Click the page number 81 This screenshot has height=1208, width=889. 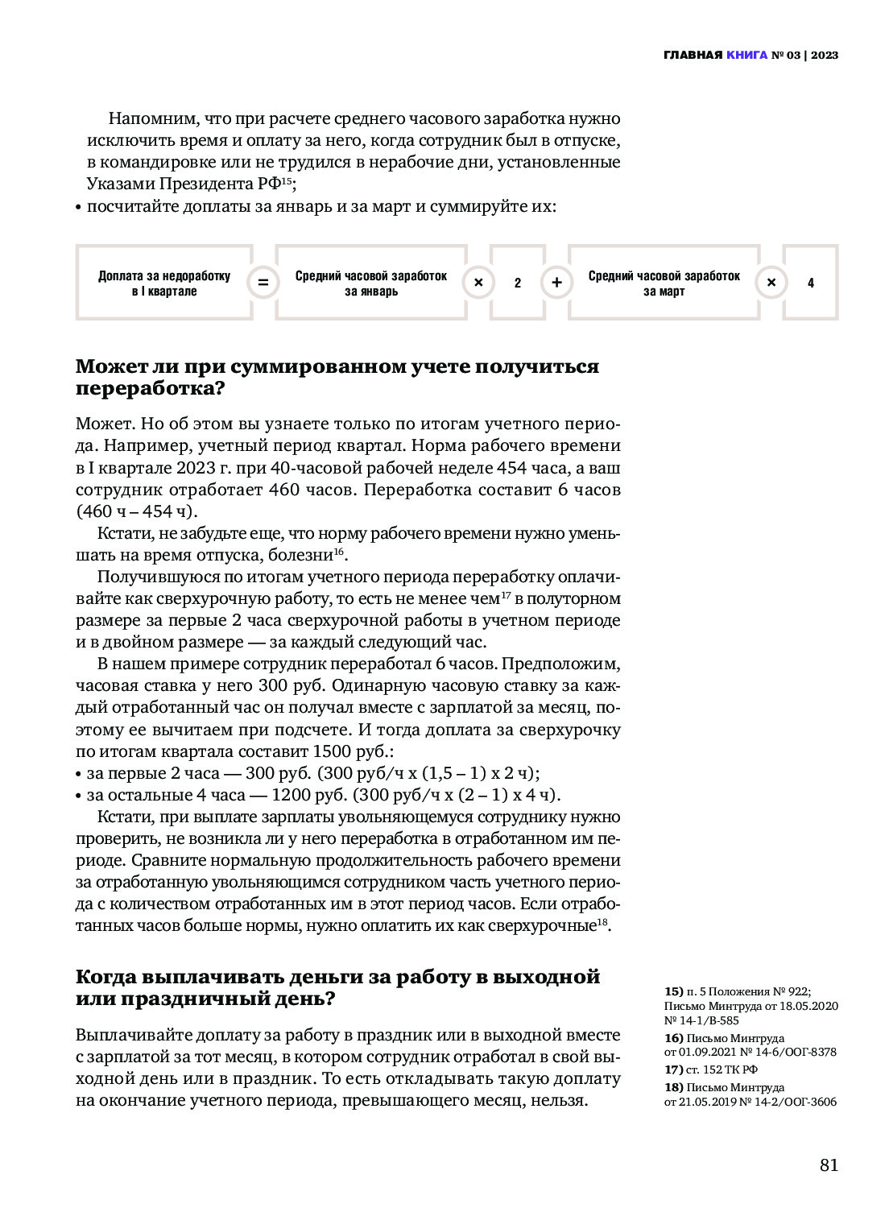click(829, 1165)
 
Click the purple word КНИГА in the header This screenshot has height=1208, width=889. click(746, 56)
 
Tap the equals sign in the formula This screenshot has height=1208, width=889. click(263, 283)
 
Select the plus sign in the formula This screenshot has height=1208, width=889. click(556, 283)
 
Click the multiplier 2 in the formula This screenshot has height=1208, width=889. click(518, 283)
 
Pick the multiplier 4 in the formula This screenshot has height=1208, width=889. click(811, 283)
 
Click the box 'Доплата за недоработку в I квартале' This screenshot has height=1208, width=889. click(164, 283)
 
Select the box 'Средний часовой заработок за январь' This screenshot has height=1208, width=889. click(371, 283)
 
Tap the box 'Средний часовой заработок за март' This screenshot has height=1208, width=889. click(664, 283)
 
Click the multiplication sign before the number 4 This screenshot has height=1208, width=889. click(771, 283)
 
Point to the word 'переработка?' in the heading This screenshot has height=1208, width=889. click(150, 388)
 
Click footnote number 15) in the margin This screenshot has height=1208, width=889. click(673, 992)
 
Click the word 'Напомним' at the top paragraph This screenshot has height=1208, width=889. click(153, 118)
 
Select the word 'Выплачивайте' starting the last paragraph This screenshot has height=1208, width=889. click(134, 1035)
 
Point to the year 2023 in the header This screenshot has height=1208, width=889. click(825, 56)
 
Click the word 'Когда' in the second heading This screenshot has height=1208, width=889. click(105, 977)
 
